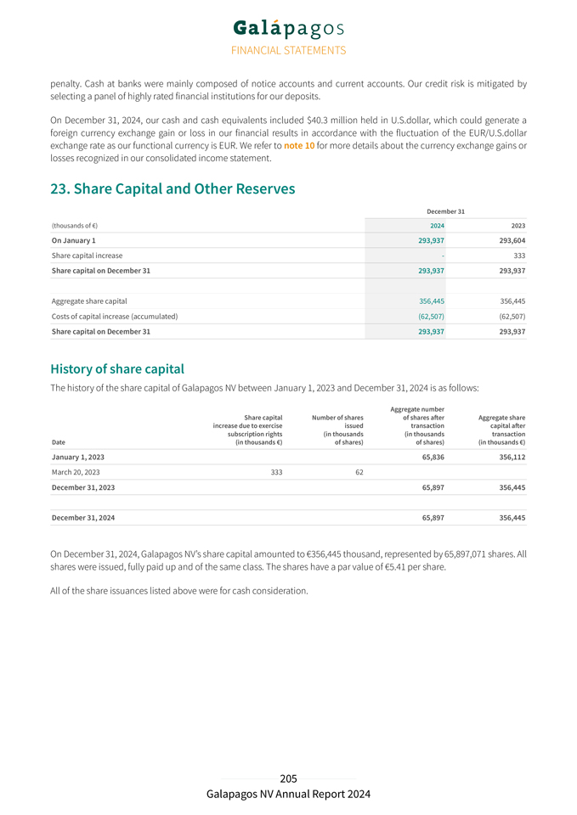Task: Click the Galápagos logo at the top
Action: coord(288,29)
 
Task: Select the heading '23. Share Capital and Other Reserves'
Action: coord(173,188)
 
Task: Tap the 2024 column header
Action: coord(436,225)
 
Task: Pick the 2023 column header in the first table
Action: coord(518,225)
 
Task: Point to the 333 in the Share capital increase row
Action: coord(519,256)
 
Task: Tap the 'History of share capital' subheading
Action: coord(117,369)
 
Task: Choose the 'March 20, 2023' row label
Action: coord(76,472)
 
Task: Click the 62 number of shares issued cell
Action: coord(359,472)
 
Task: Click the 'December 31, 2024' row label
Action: coord(83,517)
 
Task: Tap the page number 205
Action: coord(288,778)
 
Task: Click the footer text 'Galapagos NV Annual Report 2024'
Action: coord(288,794)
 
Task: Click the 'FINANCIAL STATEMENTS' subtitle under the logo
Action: coord(288,50)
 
